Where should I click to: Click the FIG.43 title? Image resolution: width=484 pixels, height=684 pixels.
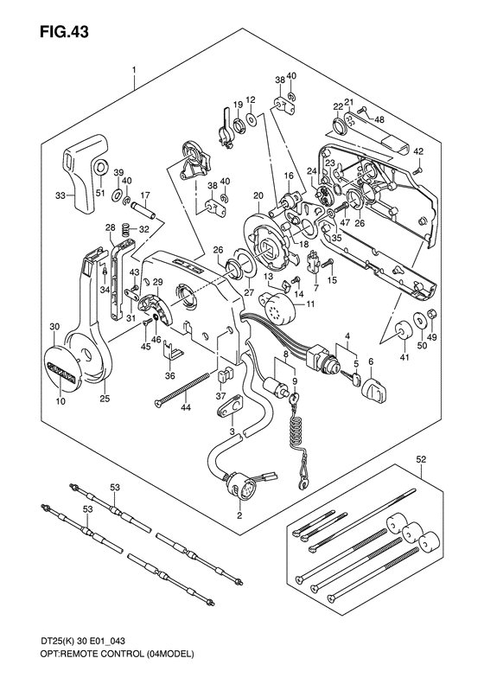64,32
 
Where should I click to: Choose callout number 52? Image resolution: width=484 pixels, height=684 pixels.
421,459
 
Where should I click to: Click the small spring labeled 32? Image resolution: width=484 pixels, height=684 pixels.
125,228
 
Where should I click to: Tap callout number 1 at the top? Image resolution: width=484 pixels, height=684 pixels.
134,69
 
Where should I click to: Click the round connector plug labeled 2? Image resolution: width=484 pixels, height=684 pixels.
237,486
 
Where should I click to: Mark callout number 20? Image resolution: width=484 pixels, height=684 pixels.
258,196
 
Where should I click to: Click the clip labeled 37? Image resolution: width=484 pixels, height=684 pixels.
224,374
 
